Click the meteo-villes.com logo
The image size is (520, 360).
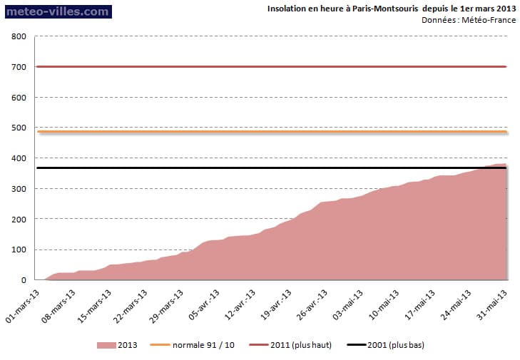click(57, 11)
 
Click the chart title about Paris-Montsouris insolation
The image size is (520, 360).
click(391, 9)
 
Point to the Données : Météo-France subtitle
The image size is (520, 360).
click(469, 20)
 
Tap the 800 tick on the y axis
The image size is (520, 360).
click(19, 36)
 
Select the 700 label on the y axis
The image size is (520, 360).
click(19, 67)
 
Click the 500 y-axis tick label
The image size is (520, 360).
click(19, 128)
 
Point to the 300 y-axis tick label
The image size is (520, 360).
click(19, 189)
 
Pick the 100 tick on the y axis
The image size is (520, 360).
click(19, 250)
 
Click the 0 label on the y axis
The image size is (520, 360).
click(24, 280)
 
